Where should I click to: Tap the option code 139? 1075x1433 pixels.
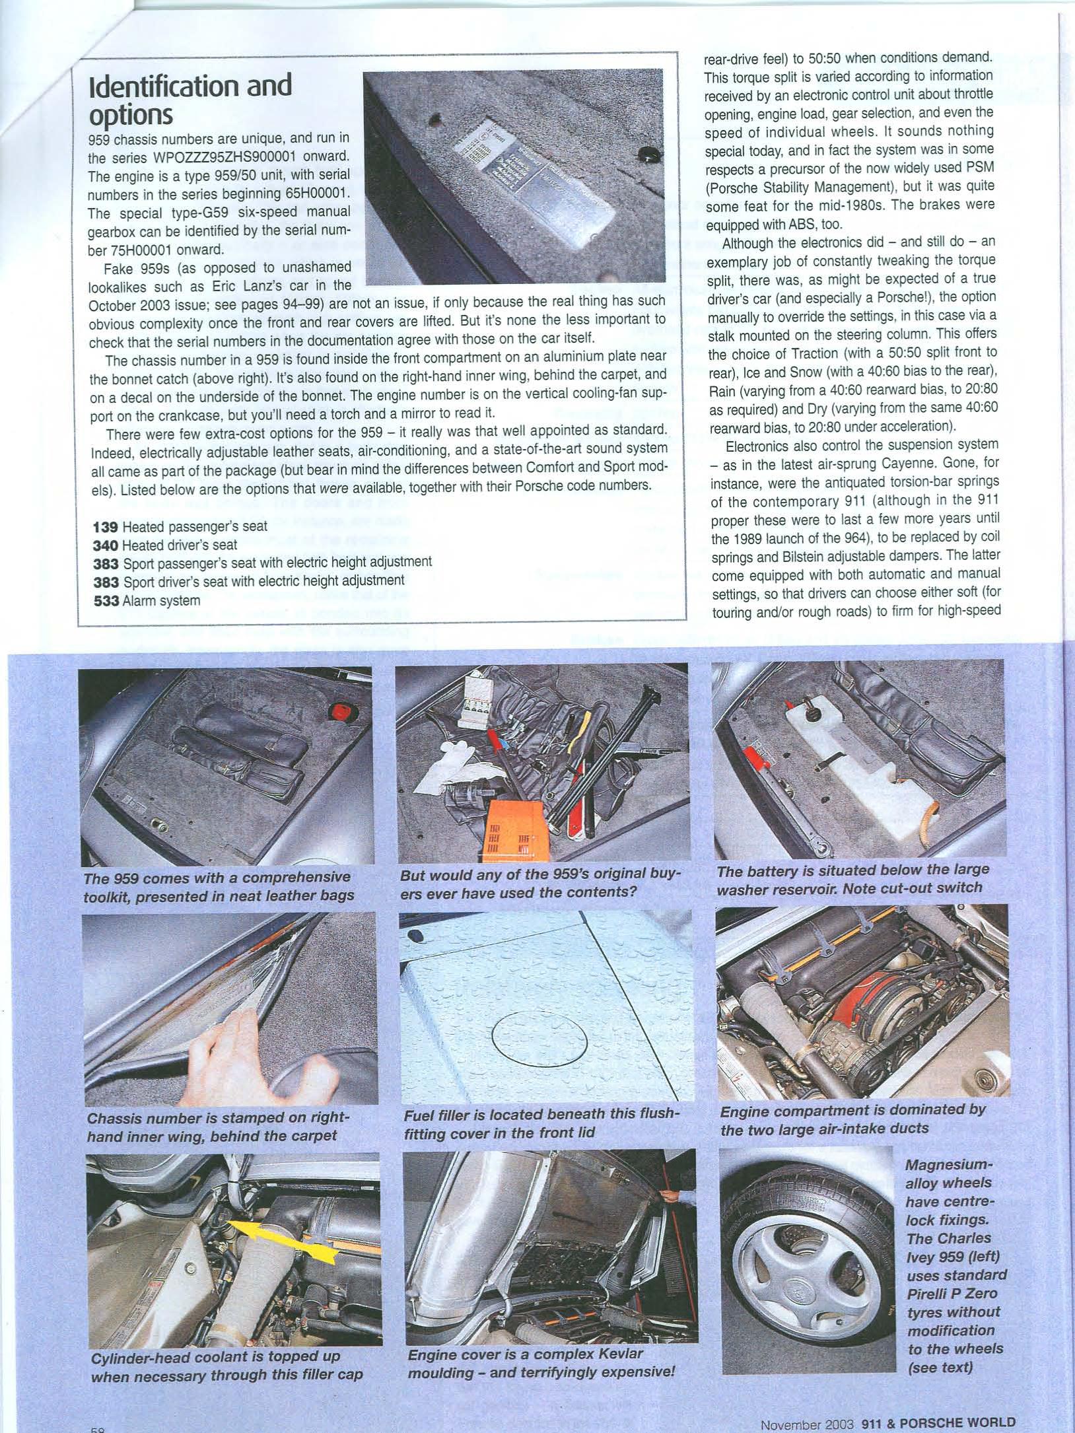pos(106,526)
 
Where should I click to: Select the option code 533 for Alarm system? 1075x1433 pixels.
pos(106,601)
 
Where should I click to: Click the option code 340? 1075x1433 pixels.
pos(106,545)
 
